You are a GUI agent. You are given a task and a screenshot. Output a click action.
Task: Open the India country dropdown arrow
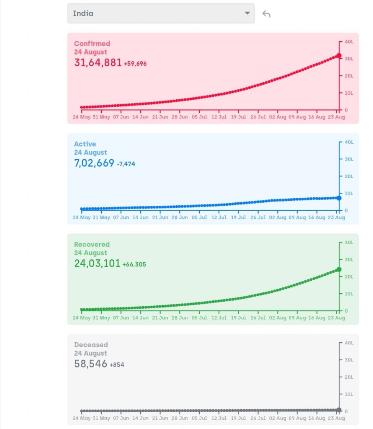coord(247,13)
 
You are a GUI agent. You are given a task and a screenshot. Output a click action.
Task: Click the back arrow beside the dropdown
coord(266,14)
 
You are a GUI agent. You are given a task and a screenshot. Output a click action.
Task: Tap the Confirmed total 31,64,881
coord(98,63)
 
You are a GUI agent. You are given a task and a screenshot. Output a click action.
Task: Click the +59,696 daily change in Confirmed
coord(135,64)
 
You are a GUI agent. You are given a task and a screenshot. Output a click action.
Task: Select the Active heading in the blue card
coord(85,144)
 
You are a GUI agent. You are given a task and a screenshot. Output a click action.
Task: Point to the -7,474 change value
coord(126,164)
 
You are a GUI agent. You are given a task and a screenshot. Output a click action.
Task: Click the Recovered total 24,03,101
coord(97,264)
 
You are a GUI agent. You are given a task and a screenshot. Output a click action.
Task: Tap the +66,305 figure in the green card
coord(134,264)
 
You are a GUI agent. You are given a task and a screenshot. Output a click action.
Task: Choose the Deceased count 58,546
coord(91,364)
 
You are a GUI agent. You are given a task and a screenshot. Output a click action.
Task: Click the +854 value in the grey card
coord(117,365)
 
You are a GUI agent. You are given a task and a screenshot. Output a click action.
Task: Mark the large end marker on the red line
coord(339,56)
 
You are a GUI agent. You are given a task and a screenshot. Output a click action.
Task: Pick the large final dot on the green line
coord(339,269)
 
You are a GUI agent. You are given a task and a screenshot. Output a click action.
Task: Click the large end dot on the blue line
coord(339,198)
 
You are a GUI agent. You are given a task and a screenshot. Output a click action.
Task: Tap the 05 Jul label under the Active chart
coord(199,217)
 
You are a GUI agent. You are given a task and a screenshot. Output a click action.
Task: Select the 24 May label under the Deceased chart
coord(81,418)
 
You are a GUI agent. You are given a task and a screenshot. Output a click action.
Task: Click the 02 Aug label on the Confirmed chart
coord(278,117)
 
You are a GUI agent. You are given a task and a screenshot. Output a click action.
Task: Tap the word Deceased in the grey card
coord(91,345)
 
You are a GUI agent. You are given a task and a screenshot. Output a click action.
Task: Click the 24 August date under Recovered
coord(90,253)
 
